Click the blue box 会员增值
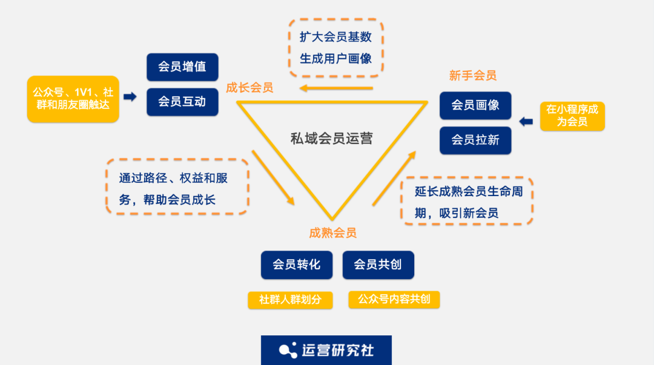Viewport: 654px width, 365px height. (x=182, y=67)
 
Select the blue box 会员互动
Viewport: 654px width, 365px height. (x=182, y=102)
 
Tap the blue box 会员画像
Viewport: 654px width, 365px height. (x=475, y=105)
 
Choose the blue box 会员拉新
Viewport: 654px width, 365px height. (x=475, y=140)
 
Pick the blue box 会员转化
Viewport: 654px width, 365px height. (x=297, y=265)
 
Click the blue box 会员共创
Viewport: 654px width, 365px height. (x=378, y=265)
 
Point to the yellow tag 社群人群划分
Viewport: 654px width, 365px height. (x=290, y=300)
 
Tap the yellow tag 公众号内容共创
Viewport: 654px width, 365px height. (x=394, y=300)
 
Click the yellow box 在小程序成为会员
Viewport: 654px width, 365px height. (x=572, y=116)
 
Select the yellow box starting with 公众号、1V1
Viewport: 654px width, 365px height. (x=73, y=99)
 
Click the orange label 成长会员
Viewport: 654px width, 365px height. (x=249, y=88)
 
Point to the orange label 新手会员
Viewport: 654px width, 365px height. (x=473, y=76)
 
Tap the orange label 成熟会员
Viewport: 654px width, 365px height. (x=332, y=233)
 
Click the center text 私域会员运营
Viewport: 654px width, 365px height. (x=331, y=138)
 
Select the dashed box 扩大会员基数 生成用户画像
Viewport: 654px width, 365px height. (x=335, y=48)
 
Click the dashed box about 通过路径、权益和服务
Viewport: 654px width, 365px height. (x=177, y=186)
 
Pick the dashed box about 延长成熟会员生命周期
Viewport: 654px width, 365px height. (x=467, y=201)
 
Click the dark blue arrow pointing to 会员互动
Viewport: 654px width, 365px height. (x=130, y=97)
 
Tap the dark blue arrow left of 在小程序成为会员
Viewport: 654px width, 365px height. (x=526, y=122)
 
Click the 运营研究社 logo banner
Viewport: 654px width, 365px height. (x=326, y=350)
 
